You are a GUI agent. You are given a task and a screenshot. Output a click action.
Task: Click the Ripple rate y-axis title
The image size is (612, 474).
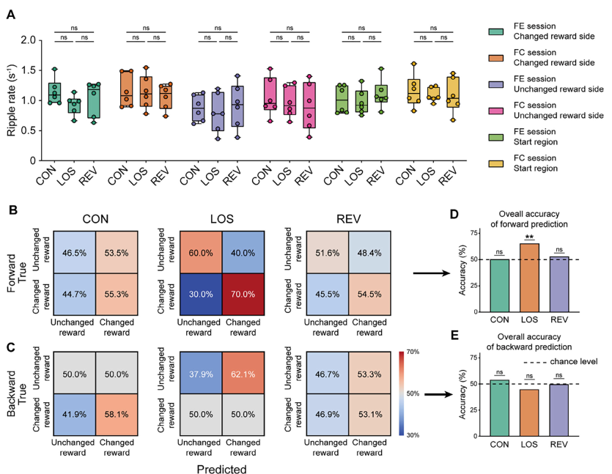click(x=12, y=100)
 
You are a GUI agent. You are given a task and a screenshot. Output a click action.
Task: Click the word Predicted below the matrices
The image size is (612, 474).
click(x=224, y=467)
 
